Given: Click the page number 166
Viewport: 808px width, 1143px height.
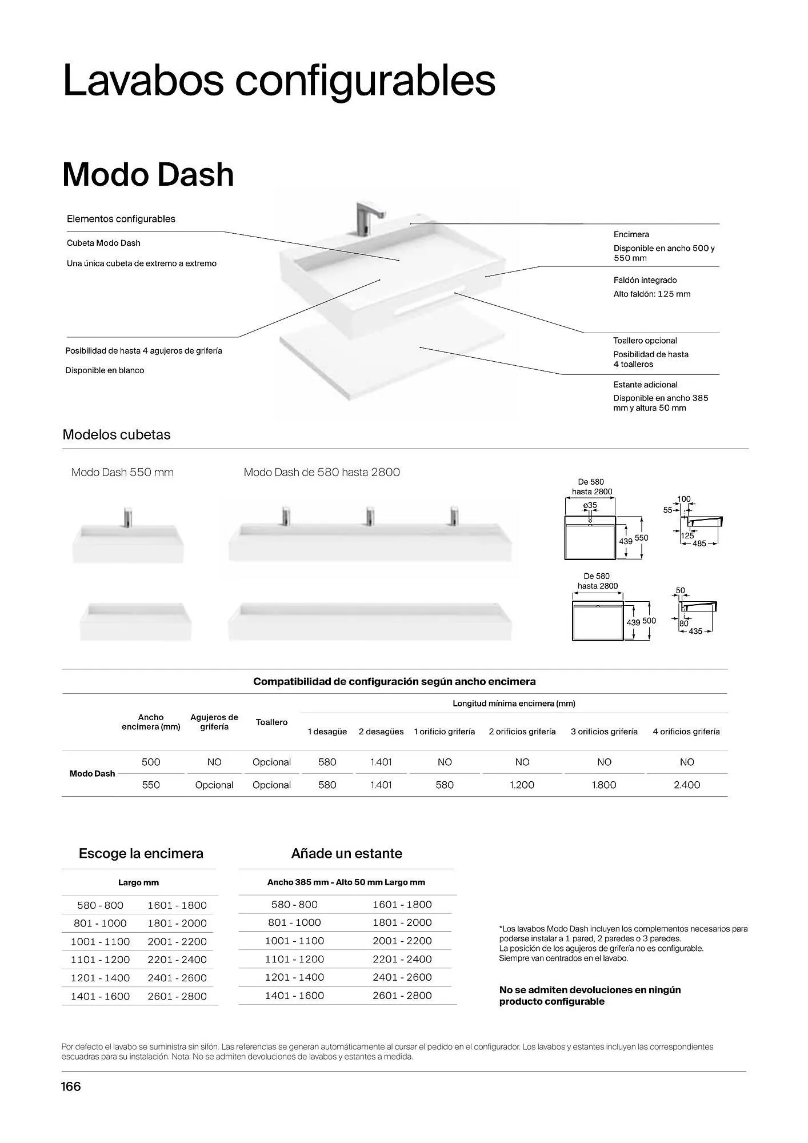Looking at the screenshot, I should pos(71,1086).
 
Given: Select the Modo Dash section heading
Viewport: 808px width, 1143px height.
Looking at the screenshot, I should pos(148,174).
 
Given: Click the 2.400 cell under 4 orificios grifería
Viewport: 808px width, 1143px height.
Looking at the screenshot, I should pos(686,785).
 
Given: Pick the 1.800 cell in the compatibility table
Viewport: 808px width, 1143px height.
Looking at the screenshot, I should pos(604,785).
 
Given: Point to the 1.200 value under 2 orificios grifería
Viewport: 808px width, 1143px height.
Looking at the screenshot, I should pos(522,785).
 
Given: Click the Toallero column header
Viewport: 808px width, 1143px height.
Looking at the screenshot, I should pos(271,722).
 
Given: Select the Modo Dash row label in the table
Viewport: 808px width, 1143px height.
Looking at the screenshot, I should pos(92,773).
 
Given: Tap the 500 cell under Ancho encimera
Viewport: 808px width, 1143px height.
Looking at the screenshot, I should pos(151,762).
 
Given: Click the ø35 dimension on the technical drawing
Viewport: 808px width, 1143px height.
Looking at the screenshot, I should pos(590,505).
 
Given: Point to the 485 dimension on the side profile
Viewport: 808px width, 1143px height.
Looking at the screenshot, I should pos(699,543).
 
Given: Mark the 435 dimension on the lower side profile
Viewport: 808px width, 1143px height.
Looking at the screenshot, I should pos(695,631).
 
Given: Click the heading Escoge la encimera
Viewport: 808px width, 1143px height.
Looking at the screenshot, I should pos(141,853).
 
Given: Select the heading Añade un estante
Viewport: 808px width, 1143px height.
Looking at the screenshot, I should pos(346,853).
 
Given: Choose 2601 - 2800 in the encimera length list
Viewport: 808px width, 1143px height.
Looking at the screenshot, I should pos(177,996).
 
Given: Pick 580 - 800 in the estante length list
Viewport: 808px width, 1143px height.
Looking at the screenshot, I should pos(294,904).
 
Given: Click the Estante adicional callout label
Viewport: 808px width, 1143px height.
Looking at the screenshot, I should pos(645,385).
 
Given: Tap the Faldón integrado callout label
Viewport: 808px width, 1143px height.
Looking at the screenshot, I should pos(645,280).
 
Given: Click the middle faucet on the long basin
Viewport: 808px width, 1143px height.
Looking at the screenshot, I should pos(370,516).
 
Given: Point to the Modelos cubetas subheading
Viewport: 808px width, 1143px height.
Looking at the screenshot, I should pos(117,434).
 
